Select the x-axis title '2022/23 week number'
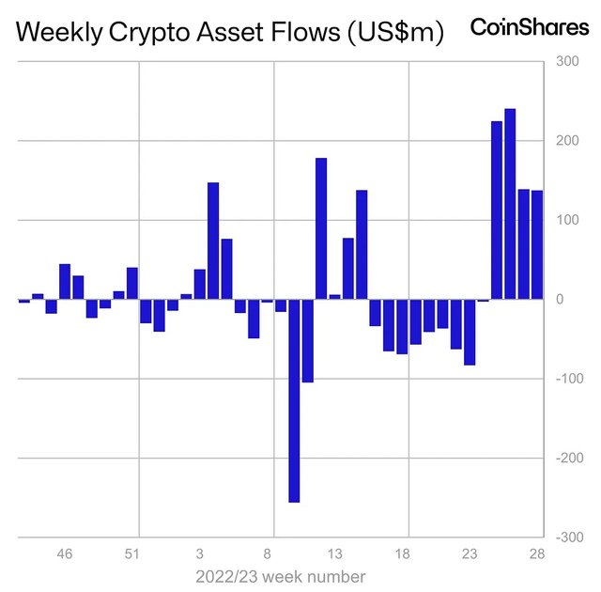click(x=280, y=575)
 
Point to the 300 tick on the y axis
click(x=567, y=61)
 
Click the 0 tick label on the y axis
click(x=560, y=299)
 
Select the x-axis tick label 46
click(x=65, y=553)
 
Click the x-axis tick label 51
click(x=131, y=553)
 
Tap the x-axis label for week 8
click(x=268, y=553)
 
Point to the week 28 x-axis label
click(x=537, y=553)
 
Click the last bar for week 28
click(x=537, y=244)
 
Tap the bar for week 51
click(x=132, y=283)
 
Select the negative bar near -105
click(x=308, y=340)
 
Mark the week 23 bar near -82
click(x=470, y=332)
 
